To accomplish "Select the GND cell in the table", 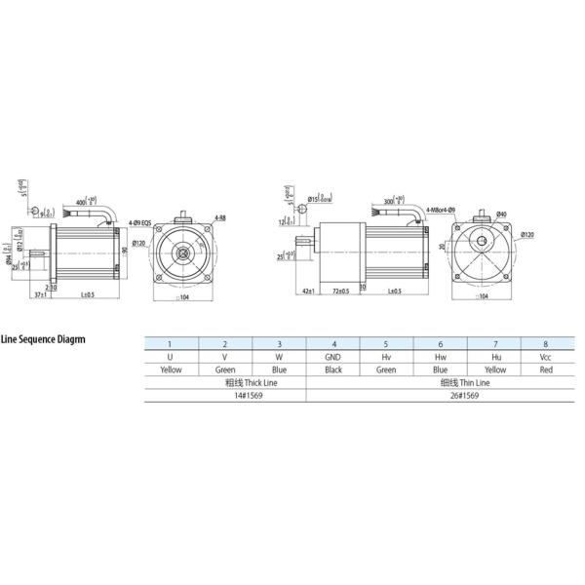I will click(x=333, y=357).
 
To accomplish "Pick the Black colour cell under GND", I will click(x=333, y=370).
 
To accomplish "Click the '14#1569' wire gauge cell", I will click(x=225, y=398).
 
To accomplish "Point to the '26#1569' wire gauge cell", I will click(x=440, y=398).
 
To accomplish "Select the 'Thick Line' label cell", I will click(x=225, y=384).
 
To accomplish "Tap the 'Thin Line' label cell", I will click(x=440, y=384).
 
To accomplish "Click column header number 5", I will click(x=386, y=343).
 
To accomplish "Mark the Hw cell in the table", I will click(x=440, y=357).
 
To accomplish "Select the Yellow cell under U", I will click(x=171, y=370).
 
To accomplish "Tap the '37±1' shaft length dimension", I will click(x=41, y=292).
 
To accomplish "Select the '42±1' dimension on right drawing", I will click(x=307, y=292).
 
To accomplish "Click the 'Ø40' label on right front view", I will click(x=501, y=214).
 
